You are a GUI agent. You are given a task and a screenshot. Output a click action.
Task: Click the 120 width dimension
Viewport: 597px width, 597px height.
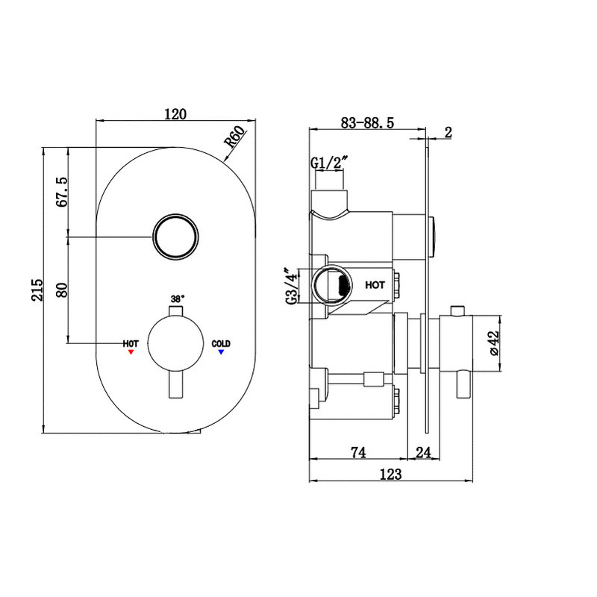[x=175, y=113]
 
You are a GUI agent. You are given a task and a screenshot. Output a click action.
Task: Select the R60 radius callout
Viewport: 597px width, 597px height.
[x=234, y=141]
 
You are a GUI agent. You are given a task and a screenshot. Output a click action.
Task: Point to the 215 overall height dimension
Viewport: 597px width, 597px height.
[x=37, y=290]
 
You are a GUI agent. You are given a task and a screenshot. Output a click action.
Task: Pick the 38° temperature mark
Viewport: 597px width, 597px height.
[x=177, y=298]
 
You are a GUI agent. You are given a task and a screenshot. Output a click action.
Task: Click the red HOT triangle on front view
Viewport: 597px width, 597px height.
[x=131, y=351]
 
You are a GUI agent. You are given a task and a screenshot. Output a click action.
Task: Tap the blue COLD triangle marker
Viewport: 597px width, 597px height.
[x=221, y=351]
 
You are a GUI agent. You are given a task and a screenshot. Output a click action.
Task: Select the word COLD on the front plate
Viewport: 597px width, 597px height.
[x=221, y=343]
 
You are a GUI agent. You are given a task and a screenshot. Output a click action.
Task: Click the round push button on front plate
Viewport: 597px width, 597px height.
[x=176, y=238]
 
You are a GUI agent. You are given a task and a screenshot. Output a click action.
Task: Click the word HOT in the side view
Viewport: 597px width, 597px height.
[x=375, y=285]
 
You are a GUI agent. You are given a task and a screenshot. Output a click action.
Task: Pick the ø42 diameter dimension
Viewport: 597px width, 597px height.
[x=493, y=343]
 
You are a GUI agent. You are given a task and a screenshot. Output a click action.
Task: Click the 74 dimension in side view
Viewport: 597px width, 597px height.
[x=359, y=451]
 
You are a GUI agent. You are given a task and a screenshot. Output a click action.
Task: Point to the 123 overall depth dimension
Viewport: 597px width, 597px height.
[x=390, y=475]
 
